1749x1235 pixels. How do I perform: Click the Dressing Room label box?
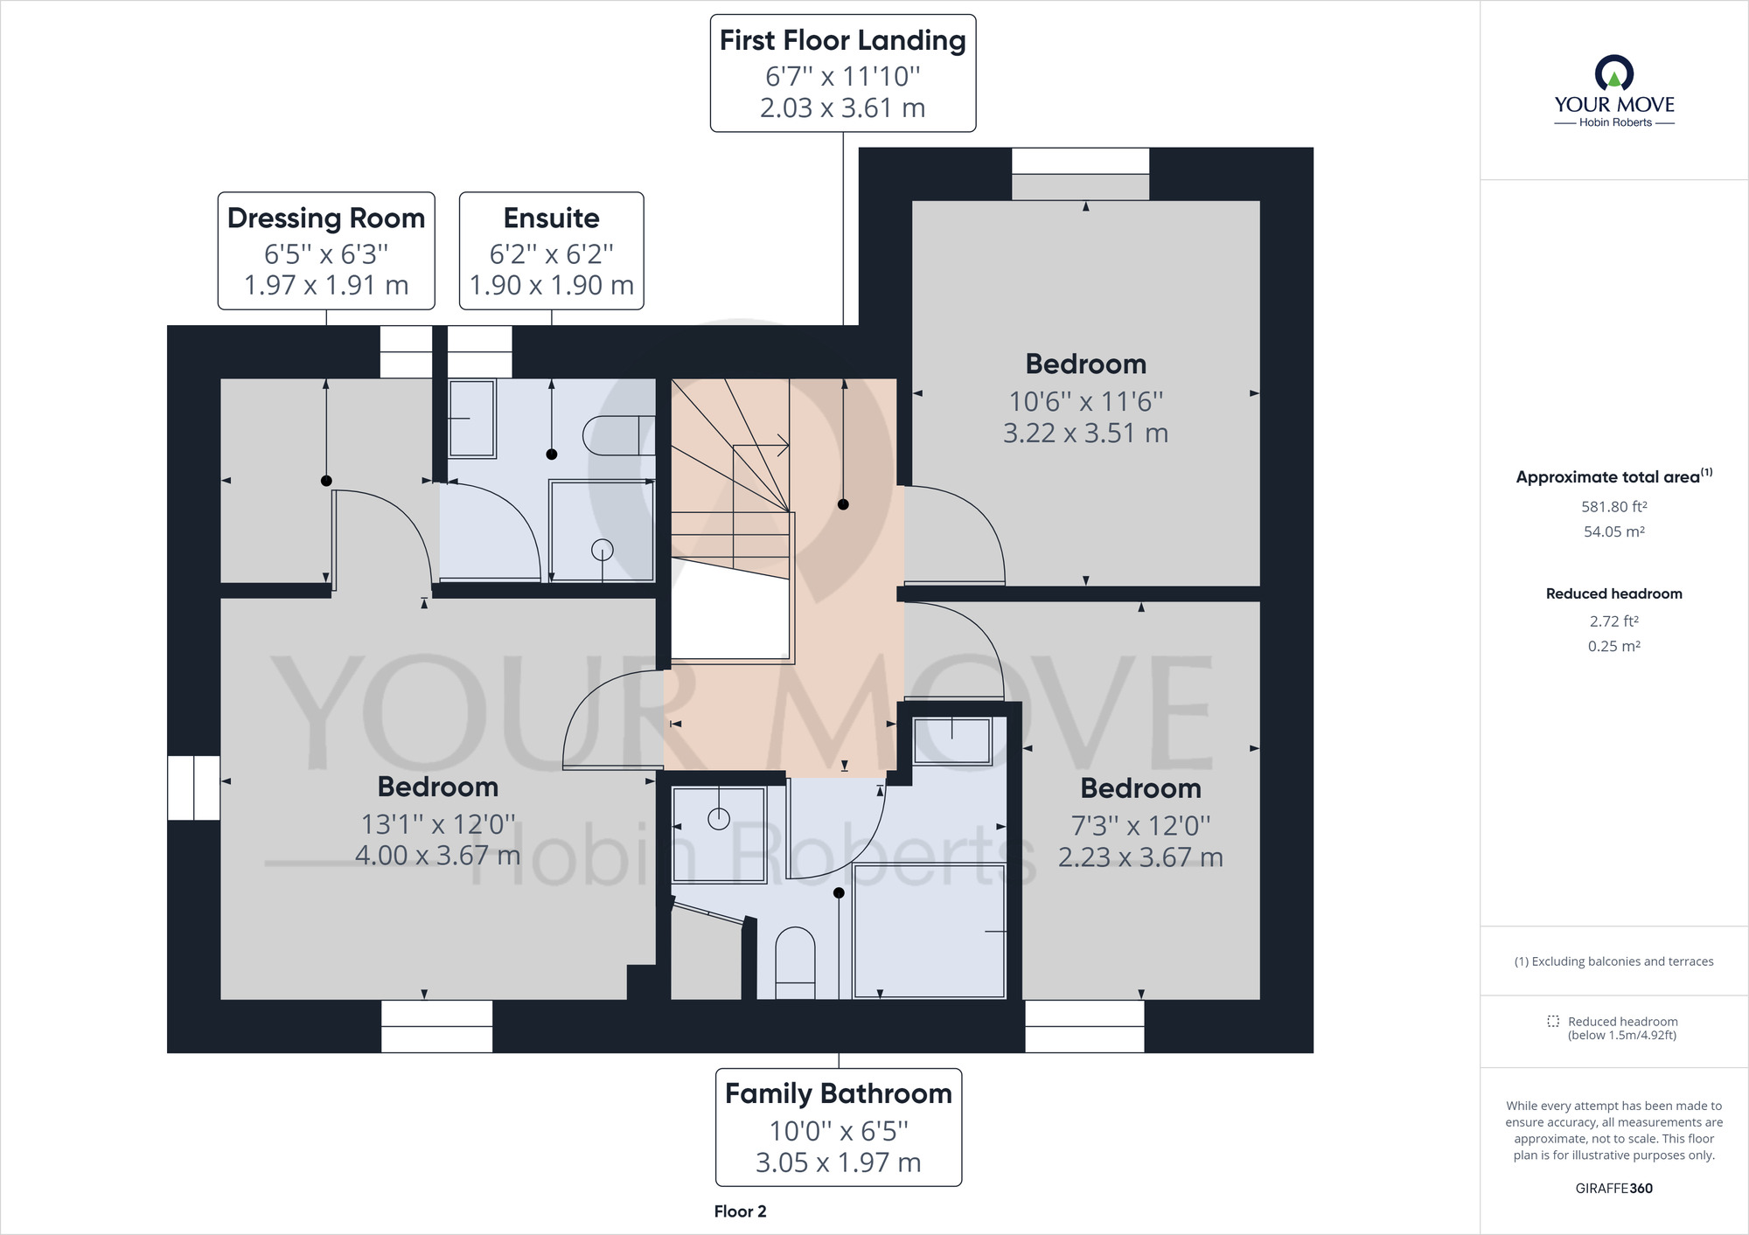point(326,251)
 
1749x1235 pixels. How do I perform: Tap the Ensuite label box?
point(552,251)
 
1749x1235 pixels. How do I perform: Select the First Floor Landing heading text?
point(843,40)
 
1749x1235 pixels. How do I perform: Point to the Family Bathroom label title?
point(839,1093)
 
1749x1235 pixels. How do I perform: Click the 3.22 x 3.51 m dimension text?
point(1086,434)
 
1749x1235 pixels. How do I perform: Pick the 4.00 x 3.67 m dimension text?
point(438,856)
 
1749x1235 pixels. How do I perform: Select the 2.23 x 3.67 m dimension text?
point(1141,857)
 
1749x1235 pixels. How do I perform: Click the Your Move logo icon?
point(1614,73)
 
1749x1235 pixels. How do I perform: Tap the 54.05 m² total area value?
point(1614,531)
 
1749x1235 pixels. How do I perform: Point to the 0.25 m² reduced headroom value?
point(1614,647)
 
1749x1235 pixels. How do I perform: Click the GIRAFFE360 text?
point(1614,1189)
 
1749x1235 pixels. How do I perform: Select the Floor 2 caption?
point(740,1211)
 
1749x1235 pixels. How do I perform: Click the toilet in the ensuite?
point(618,435)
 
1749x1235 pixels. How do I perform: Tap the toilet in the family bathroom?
point(795,963)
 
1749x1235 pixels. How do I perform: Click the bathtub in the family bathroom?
point(930,931)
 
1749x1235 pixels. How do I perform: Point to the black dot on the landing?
point(843,504)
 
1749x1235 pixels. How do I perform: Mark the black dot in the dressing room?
point(326,481)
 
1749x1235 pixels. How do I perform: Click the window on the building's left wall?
point(193,787)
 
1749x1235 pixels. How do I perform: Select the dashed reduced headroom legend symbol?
point(1553,1021)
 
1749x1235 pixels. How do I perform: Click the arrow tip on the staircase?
point(789,446)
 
